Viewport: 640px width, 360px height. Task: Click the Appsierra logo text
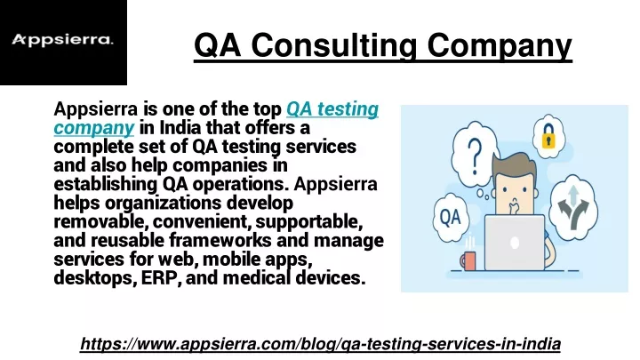(x=62, y=40)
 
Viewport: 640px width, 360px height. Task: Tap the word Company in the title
(x=500, y=45)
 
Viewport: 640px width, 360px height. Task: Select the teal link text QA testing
(x=332, y=109)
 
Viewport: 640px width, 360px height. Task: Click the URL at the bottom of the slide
(x=320, y=344)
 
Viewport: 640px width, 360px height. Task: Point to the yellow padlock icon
(x=548, y=136)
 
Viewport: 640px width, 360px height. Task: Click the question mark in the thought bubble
(x=475, y=156)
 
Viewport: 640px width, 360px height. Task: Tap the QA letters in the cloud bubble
(x=450, y=217)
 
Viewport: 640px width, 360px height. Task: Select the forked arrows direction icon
(x=573, y=206)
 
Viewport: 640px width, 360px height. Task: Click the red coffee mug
(x=468, y=260)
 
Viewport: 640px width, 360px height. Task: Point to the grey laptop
(x=515, y=243)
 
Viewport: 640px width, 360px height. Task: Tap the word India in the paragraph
(x=180, y=128)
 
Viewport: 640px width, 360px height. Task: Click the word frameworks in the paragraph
(x=220, y=240)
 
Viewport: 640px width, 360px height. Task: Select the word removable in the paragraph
(x=100, y=221)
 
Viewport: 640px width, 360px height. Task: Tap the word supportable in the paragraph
(x=309, y=222)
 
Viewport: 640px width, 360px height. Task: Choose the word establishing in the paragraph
(x=105, y=185)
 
